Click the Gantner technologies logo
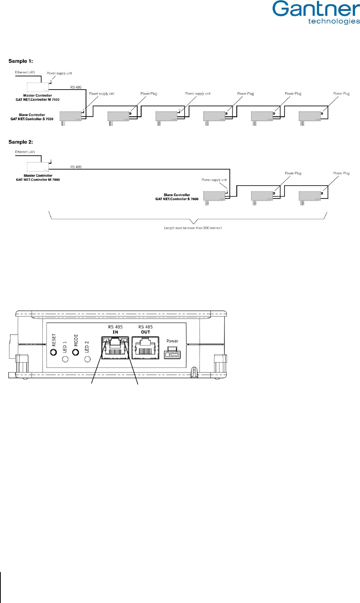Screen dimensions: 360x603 (x=316, y=12)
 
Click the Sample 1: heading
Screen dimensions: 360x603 (x=21, y=61)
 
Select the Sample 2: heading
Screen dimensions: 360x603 (x=21, y=142)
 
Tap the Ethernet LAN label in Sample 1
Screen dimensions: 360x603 (x=25, y=72)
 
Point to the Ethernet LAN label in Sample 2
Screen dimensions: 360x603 (x=25, y=152)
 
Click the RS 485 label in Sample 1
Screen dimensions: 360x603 (x=76, y=87)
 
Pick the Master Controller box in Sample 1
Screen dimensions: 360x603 (x=38, y=87)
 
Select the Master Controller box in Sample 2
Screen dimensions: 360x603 (x=38, y=167)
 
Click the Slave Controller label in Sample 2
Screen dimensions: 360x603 (x=177, y=197)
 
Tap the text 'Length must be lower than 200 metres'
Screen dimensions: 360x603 (x=193, y=228)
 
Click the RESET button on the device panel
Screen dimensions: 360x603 (x=54, y=352)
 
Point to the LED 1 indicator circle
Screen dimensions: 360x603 (x=65, y=359)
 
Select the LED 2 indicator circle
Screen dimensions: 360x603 (x=88, y=359)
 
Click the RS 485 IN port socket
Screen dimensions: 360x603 (x=115, y=348)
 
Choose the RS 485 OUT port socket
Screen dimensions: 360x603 (x=145, y=348)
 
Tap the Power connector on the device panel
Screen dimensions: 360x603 (x=172, y=353)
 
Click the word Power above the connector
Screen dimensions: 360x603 (x=172, y=341)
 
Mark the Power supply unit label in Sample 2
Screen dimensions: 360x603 (x=214, y=180)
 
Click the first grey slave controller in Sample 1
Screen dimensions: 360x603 (x=71, y=116)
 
